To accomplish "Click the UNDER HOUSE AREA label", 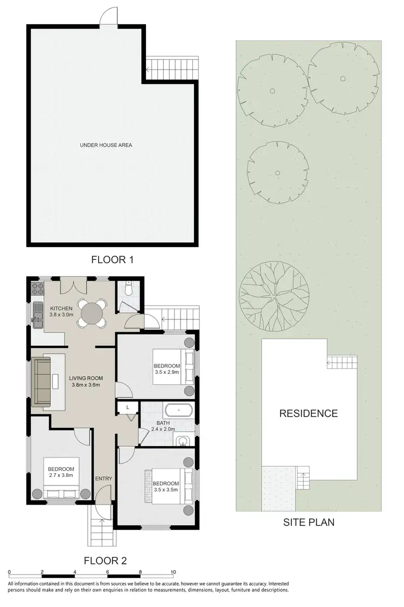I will [x=106, y=145].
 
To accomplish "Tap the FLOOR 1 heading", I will [x=112, y=260].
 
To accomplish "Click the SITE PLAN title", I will [x=309, y=522].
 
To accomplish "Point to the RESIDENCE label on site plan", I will [x=308, y=414].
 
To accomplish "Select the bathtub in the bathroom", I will [x=178, y=410].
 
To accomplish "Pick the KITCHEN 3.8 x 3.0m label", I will [x=61, y=311].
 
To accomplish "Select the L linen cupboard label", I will [x=128, y=406].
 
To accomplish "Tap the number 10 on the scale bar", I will [x=173, y=572].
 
